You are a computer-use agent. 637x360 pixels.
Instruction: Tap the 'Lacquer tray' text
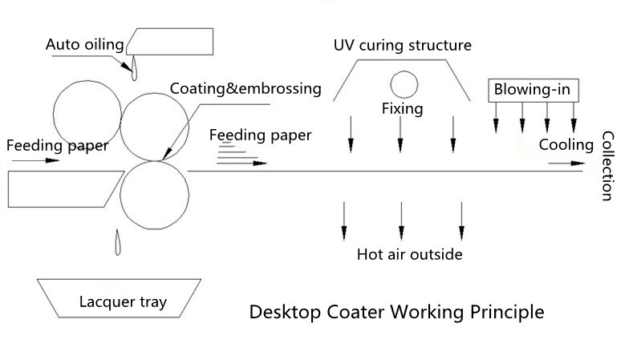[x=123, y=302]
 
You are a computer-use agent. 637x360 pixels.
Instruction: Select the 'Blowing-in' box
[x=532, y=89]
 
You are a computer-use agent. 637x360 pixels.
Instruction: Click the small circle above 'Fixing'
[x=404, y=83]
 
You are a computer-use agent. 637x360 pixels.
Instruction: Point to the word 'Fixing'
[x=403, y=108]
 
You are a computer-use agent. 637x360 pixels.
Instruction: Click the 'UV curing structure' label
[x=403, y=45]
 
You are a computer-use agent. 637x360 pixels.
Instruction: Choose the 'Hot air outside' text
[x=410, y=255]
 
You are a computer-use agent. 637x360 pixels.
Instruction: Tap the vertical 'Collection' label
[x=607, y=166]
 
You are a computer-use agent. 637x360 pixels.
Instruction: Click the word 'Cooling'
[x=566, y=145]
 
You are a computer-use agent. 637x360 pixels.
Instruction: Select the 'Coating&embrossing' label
[x=245, y=88]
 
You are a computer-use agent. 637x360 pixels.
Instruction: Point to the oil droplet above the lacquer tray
[x=117, y=242]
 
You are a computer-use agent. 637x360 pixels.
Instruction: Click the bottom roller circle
[x=154, y=195]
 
